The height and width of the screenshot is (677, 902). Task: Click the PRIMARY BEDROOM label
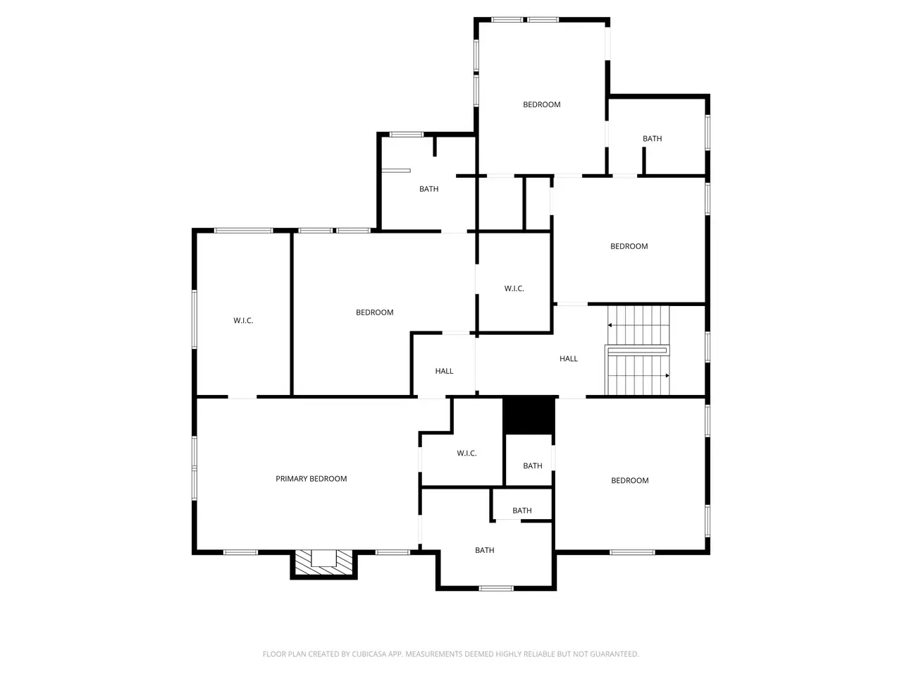pos(311,478)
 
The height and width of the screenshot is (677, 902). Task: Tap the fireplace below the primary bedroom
pos(324,564)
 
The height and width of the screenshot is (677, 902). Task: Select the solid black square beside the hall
pos(529,415)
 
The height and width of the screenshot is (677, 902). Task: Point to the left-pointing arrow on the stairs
pos(610,325)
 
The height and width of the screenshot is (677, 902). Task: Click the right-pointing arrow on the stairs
pos(667,375)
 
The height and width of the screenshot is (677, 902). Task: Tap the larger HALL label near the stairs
pos(568,359)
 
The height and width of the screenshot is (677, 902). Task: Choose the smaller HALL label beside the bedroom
pos(444,371)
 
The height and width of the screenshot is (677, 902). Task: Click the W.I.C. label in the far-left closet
pos(243,321)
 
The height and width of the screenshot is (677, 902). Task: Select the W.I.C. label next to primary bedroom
pos(467,453)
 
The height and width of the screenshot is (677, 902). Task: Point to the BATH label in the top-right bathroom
pos(652,139)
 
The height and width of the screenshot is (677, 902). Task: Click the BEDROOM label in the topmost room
pos(542,105)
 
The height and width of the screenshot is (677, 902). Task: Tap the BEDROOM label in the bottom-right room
pos(629,480)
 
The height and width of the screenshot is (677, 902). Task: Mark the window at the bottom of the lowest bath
pos(496,589)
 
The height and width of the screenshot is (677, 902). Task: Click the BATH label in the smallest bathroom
pos(522,511)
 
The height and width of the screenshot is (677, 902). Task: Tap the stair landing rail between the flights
pos(637,350)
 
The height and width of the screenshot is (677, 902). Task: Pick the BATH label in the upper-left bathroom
pos(428,189)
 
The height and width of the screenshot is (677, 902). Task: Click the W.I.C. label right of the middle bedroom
pos(514,288)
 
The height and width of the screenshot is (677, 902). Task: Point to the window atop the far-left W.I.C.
pos(243,231)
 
